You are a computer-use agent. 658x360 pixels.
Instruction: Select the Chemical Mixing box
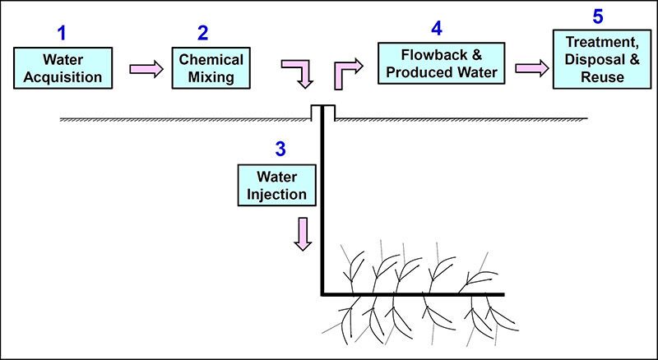pyautogui.click(x=209, y=68)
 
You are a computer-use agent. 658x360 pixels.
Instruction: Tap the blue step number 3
pyautogui.click(x=280, y=149)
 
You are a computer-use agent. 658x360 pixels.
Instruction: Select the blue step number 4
pyautogui.click(x=436, y=28)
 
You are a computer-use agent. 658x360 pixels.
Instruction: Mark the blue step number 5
pyautogui.click(x=598, y=16)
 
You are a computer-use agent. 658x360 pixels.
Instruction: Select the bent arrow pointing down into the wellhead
pyautogui.click(x=299, y=73)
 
